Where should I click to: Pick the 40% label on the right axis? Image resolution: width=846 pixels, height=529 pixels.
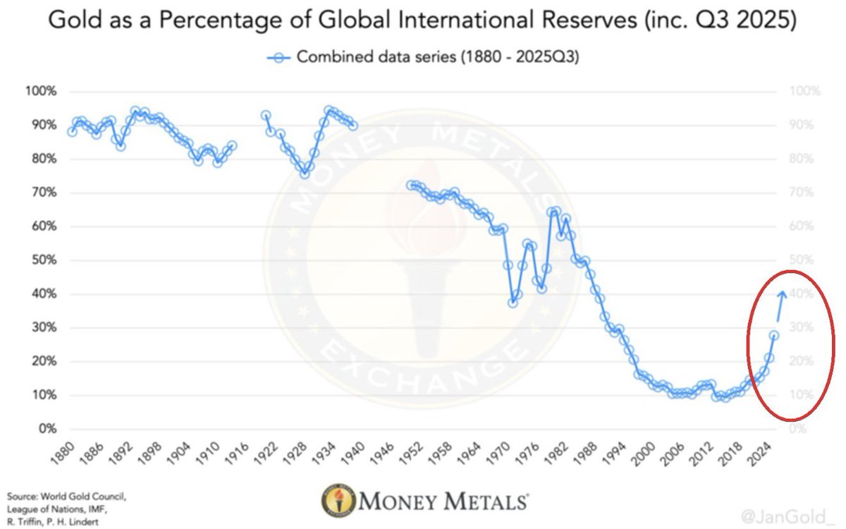pyautogui.click(x=789, y=294)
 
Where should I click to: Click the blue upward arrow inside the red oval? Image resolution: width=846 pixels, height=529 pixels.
pyautogui.click(x=780, y=305)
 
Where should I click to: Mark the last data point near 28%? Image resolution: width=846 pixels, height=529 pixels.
pyautogui.click(x=773, y=336)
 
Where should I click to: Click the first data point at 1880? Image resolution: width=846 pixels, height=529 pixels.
pyautogui.click(x=72, y=132)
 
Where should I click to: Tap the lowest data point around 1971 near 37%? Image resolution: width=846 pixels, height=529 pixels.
pyautogui.click(x=513, y=302)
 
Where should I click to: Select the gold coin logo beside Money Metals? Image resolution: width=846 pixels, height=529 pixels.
pyautogui.click(x=338, y=502)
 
